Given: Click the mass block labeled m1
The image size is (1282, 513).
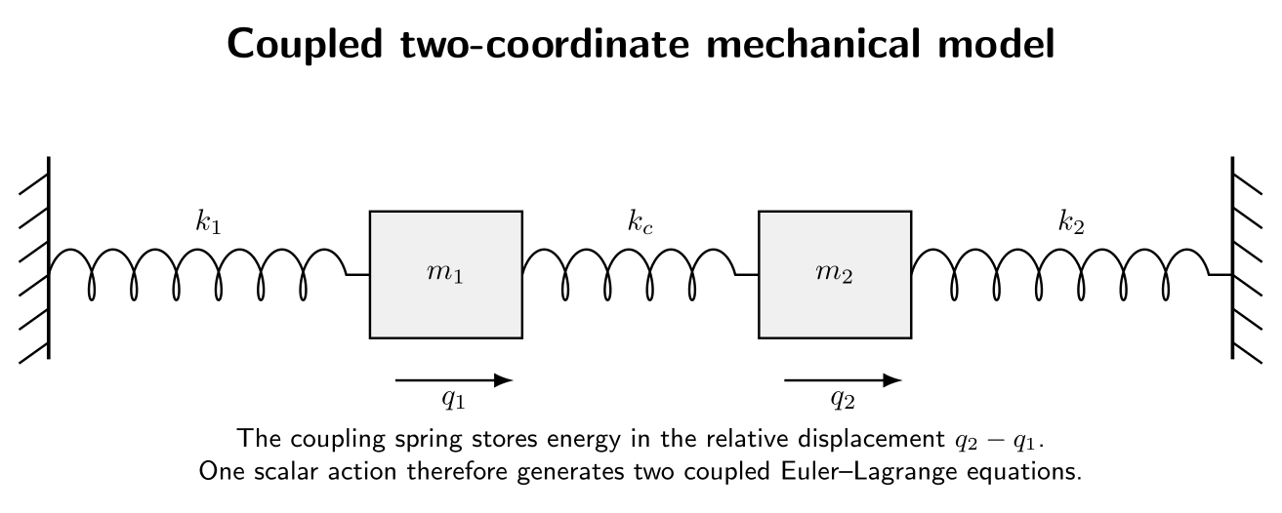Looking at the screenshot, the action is tap(446, 274).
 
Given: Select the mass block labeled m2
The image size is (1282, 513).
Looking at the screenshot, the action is tap(835, 274).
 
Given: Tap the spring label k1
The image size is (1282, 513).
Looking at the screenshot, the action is tap(208, 222).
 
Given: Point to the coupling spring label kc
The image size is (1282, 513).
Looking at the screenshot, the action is tap(640, 222).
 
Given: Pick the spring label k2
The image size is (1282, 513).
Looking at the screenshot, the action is tap(1071, 222).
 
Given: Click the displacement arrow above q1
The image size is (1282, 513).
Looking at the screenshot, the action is tap(454, 380).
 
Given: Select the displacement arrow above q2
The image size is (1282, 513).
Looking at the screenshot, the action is tap(843, 380).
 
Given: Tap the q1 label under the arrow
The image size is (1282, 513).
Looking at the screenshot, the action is tap(453, 399).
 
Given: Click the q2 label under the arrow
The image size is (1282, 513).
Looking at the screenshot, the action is tap(843, 399).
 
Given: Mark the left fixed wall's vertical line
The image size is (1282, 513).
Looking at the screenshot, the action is tap(49, 257).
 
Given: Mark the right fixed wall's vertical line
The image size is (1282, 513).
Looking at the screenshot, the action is tap(1232, 257).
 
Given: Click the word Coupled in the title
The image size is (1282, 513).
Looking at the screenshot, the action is tap(305, 45).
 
